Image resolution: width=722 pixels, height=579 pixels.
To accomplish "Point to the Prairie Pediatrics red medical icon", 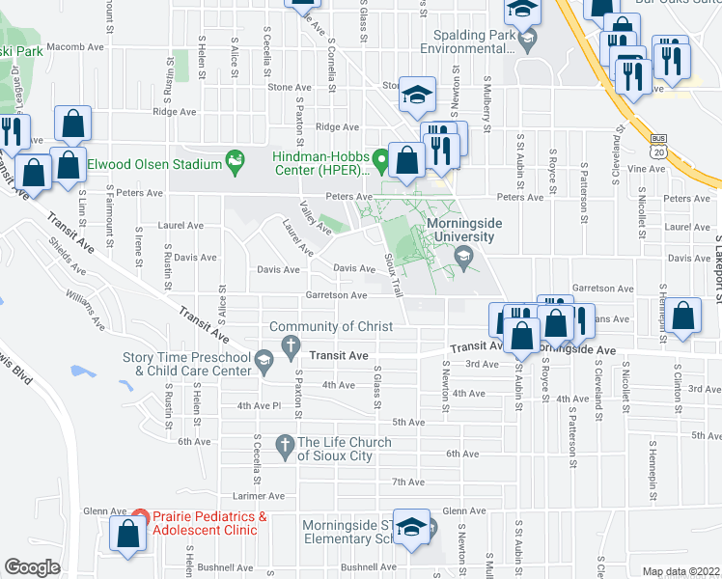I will point(140,518).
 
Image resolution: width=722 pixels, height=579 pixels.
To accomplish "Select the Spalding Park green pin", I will point(527,41).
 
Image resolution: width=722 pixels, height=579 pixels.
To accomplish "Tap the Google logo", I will point(33,567).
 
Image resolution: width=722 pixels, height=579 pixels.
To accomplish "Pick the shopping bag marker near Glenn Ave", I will point(128,536).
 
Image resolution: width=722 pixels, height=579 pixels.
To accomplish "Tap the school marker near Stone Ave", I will point(418,95).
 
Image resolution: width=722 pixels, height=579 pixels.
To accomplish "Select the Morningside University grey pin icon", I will point(464,254).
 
